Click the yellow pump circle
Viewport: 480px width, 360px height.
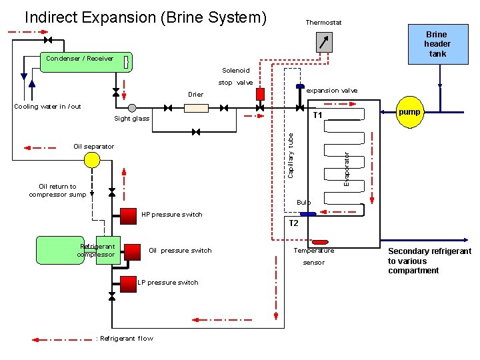[x=409, y=112]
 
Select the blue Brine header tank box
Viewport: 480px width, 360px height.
[x=438, y=44]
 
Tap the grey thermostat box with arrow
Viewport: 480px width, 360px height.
[x=324, y=42]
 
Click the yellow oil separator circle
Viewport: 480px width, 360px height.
[x=92, y=160]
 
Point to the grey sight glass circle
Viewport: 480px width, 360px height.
[x=132, y=108]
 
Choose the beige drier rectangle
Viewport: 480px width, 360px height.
[x=196, y=108]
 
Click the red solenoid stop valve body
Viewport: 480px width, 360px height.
[x=260, y=94]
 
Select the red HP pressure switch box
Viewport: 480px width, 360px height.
[x=128, y=217]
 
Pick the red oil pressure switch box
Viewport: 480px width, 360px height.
[x=132, y=252]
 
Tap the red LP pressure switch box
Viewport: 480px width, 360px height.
[x=128, y=284]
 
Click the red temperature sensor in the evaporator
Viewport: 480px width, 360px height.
[x=320, y=242]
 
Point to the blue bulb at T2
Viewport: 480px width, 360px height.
[x=308, y=214]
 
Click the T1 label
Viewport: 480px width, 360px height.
[x=317, y=115]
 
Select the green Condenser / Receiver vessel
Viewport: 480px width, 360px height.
[x=86, y=62]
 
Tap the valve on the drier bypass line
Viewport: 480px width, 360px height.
[x=196, y=132]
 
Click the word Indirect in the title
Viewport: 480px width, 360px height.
[x=51, y=17]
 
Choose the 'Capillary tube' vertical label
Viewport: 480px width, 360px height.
[x=291, y=155]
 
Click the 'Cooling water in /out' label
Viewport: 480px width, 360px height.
[x=47, y=107]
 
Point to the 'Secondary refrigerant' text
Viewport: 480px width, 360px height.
[x=430, y=251]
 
